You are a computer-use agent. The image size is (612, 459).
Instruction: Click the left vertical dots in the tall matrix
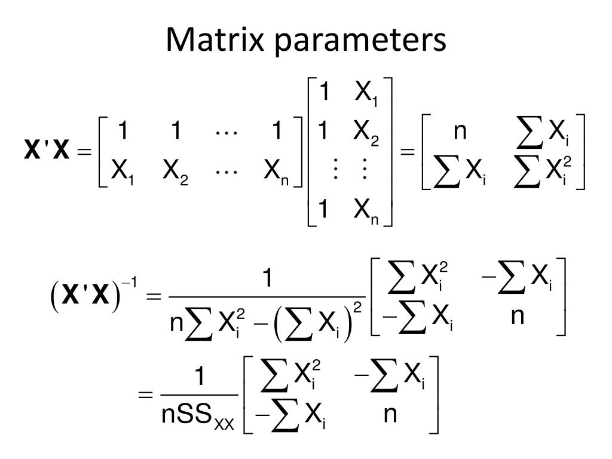326,172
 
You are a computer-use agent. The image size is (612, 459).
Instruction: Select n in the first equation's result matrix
460,131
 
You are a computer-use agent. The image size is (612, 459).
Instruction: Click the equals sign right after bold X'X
83,152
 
